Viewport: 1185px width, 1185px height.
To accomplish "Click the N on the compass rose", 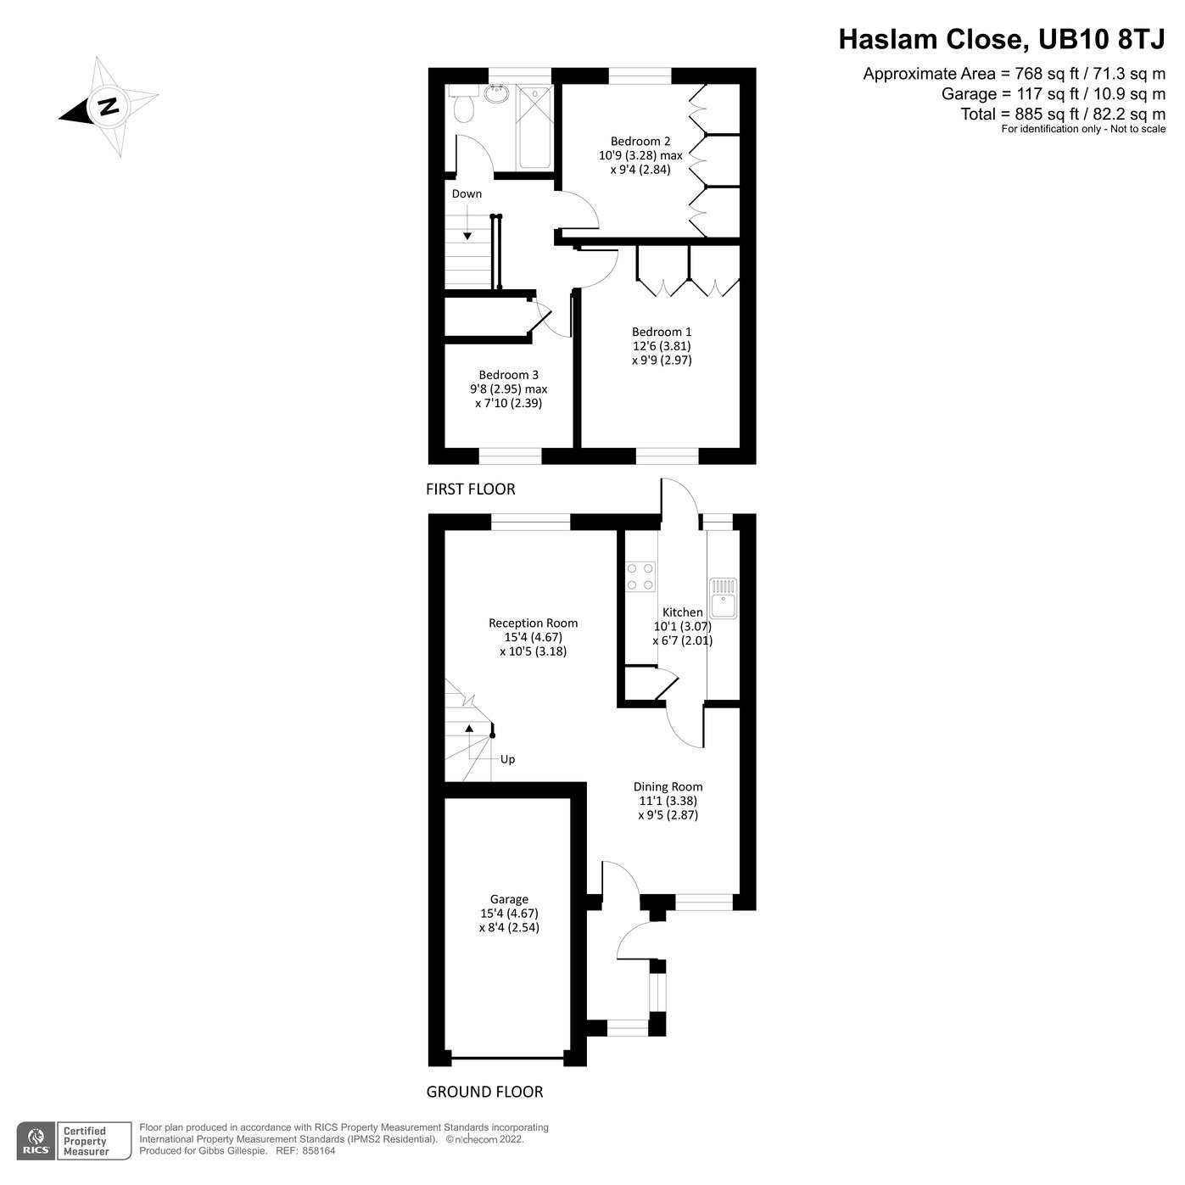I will (108, 107).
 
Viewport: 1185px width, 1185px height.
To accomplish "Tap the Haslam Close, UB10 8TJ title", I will (1002, 39).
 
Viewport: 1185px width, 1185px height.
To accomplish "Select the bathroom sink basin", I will (499, 94).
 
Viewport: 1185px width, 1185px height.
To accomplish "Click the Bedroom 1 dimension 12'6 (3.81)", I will (661, 346).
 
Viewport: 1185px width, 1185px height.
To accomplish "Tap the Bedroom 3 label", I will (508, 375).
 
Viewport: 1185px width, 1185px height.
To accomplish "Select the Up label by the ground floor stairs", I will (507, 759).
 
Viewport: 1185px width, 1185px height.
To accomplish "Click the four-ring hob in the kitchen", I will (640, 577).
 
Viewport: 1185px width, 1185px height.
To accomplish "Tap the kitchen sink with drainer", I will (724, 598).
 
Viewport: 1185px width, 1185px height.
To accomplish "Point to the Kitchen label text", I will (682, 612).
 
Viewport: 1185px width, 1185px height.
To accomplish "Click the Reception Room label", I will (533, 623).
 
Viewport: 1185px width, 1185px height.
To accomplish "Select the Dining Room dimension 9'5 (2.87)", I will (668, 815).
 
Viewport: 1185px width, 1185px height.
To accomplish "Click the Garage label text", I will (509, 899).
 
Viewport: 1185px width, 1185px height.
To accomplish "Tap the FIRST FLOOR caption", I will (470, 489).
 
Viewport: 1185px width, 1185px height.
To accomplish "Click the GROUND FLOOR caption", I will (484, 1092).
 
